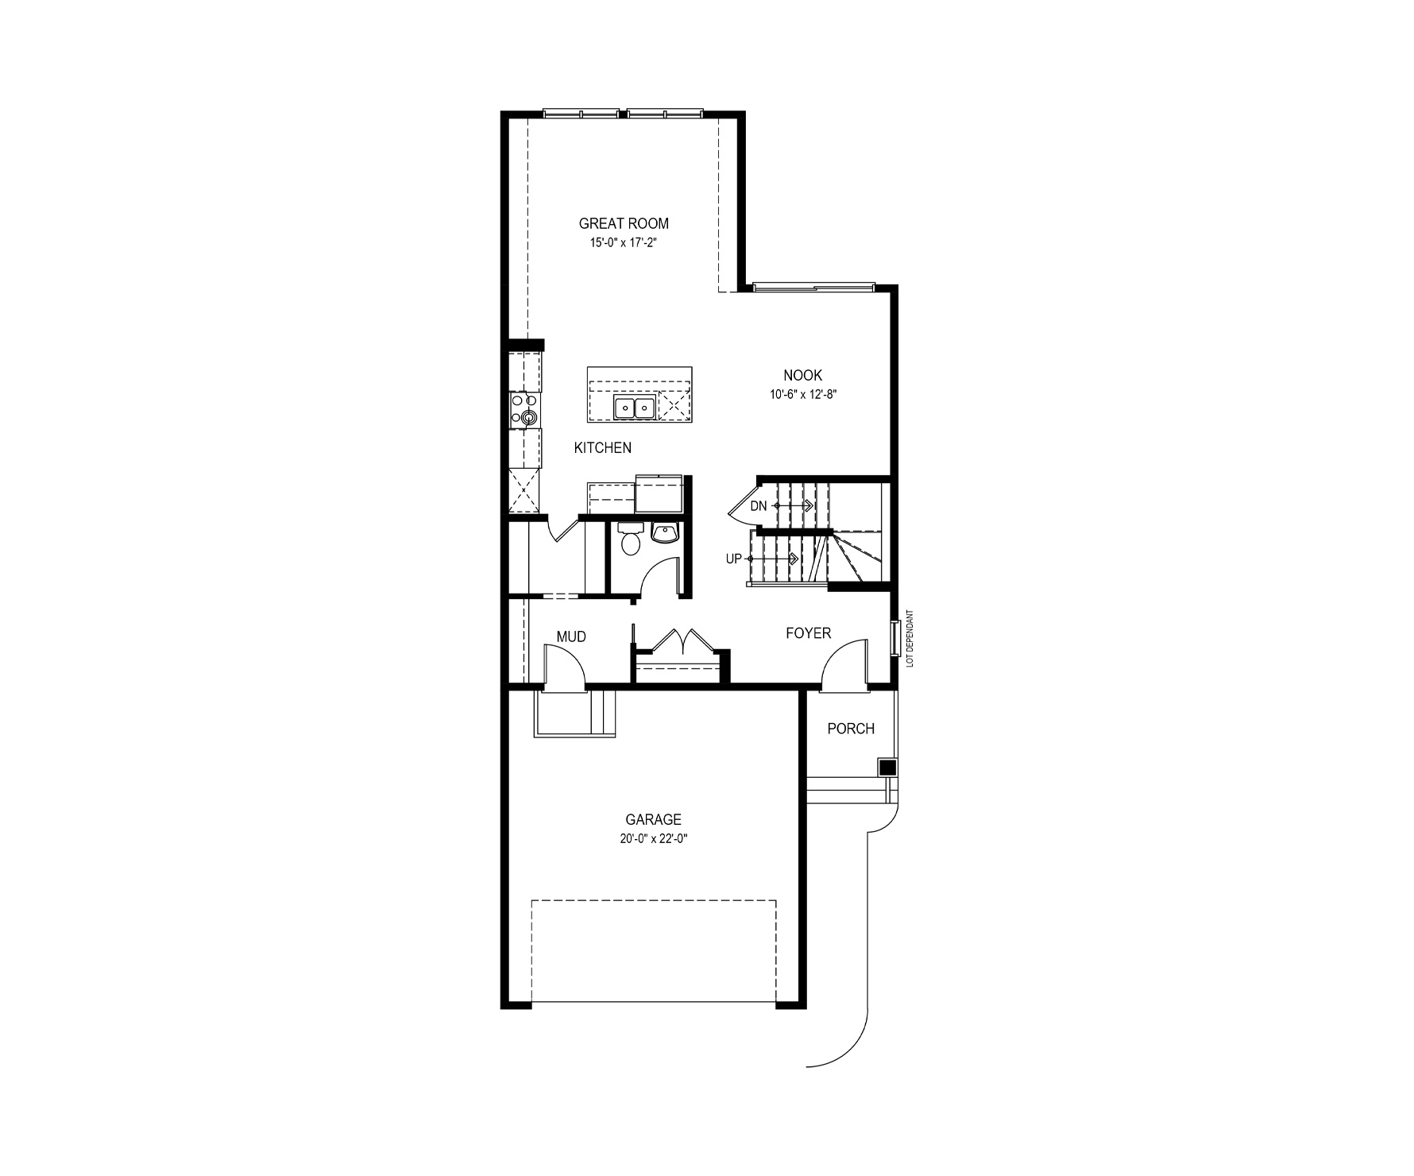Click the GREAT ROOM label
tap(624, 224)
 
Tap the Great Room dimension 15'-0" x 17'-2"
tap(624, 244)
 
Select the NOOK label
tap(802, 375)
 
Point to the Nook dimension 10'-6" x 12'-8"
tap(802, 394)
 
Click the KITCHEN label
tap(603, 448)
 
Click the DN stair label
tap(759, 506)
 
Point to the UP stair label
tap(733, 559)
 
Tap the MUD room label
tap(571, 636)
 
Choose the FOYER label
tap(808, 633)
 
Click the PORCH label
tap(851, 729)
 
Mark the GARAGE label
tap(653, 820)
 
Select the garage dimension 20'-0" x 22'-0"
tap(653, 839)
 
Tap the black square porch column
tap(887, 768)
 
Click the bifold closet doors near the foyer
tap(682, 640)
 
